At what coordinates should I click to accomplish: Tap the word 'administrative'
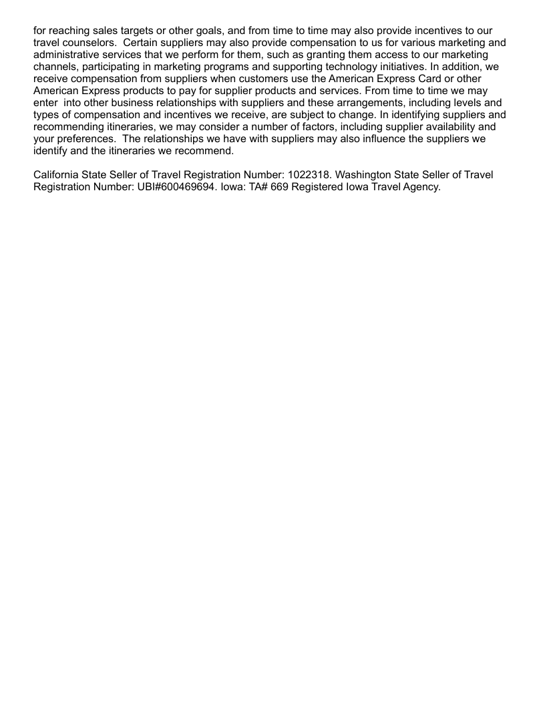(67, 55)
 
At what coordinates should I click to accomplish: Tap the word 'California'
(59, 175)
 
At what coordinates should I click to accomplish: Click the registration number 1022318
(307, 175)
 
